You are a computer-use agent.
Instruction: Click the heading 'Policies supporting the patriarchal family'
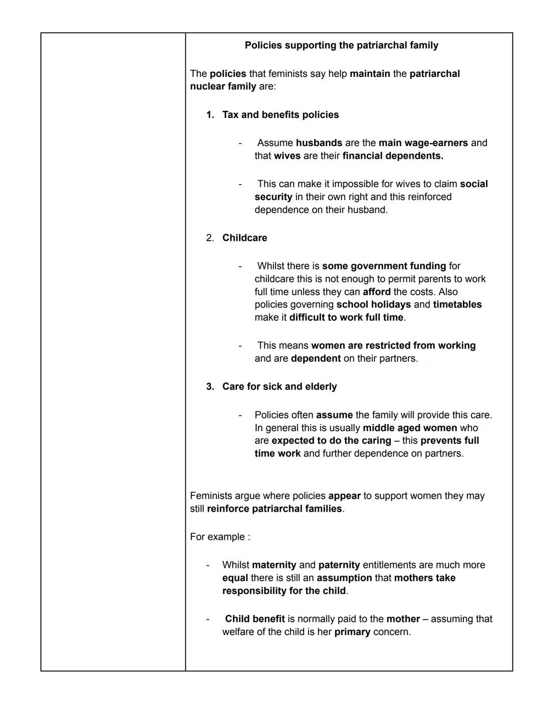tap(341, 45)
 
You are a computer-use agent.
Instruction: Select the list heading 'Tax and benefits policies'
tap(281, 115)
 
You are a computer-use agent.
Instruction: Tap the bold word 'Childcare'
tap(244, 238)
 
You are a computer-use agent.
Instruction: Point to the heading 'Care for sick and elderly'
tap(280, 387)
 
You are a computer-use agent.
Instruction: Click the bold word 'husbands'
tap(319, 143)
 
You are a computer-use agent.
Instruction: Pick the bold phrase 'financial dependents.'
tap(393, 156)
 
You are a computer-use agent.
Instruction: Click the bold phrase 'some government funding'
tap(384, 266)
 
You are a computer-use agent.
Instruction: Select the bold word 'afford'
tap(376, 292)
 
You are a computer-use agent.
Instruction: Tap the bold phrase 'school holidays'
tap(373, 305)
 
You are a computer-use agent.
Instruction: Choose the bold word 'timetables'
tap(457, 305)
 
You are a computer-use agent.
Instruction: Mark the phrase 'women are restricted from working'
tap(393, 346)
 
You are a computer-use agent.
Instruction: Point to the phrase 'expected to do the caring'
tap(332, 441)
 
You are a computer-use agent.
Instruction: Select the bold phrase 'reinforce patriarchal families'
tap(274, 509)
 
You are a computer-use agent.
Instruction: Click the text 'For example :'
tap(220, 537)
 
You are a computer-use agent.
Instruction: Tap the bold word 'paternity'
tap(339, 565)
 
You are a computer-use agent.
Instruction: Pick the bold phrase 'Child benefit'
tap(255, 619)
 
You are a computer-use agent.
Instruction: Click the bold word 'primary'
tap(352, 632)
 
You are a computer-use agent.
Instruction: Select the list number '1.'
tap(210, 115)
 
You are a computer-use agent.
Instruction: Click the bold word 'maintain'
tap(370, 74)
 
